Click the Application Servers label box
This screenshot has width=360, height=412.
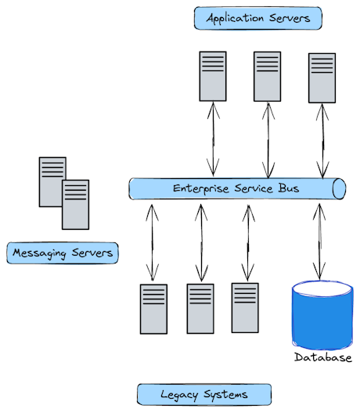(257, 18)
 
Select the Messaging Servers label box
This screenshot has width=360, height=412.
(63, 253)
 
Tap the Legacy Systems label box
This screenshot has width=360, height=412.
(203, 394)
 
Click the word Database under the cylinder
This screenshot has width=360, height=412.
(322, 357)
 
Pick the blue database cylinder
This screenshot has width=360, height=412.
(322, 316)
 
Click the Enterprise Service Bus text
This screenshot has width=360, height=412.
(236, 189)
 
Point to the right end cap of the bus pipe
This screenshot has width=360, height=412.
(338, 189)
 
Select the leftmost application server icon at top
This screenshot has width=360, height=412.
(212, 77)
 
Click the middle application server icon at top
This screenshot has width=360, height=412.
(267, 77)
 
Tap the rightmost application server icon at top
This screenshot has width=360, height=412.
(322, 78)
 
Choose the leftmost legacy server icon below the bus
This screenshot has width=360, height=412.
(153, 310)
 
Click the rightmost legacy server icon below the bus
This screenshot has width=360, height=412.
(246, 308)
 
